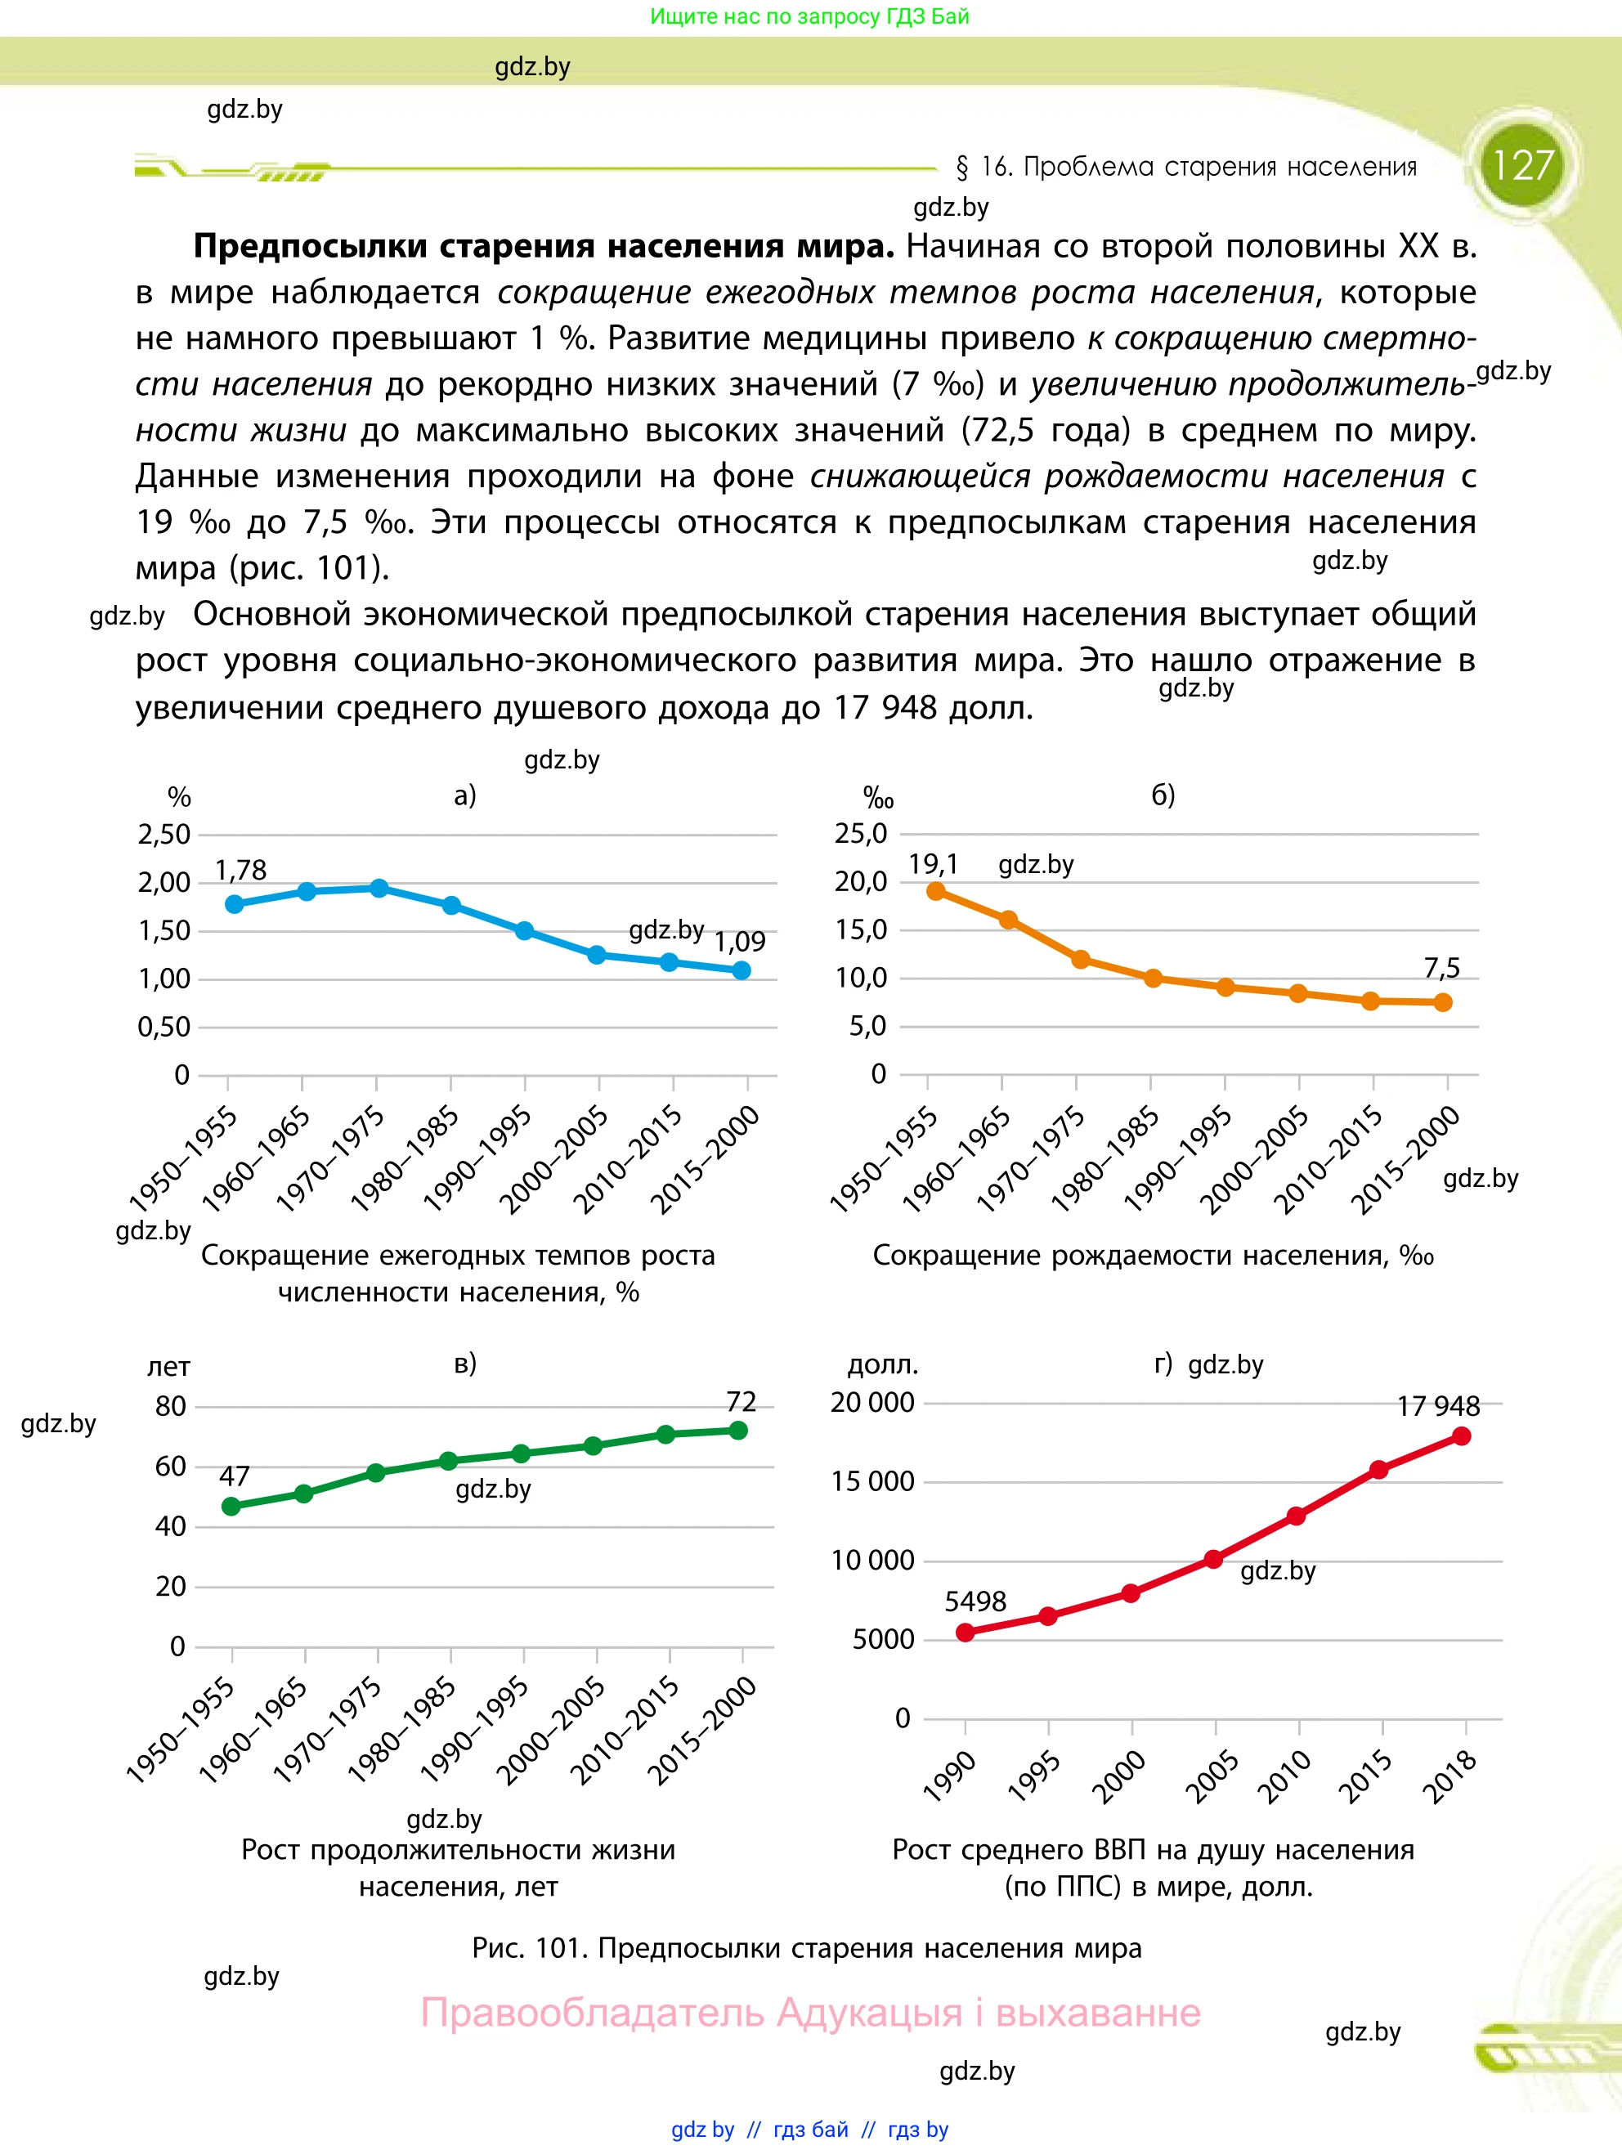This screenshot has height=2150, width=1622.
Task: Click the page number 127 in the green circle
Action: (1522, 165)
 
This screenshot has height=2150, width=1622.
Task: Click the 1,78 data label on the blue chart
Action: (240, 870)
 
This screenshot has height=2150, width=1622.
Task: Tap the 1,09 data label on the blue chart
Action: (740, 941)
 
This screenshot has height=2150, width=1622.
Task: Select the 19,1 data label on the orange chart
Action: (933, 864)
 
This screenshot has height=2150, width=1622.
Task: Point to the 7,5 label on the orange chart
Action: (1441, 968)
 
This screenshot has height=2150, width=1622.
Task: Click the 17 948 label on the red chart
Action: (1437, 1406)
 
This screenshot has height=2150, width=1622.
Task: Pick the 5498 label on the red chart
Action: (975, 1601)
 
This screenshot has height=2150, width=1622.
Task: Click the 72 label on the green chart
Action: (741, 1401)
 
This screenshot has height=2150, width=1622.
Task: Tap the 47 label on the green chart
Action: (234, 1476)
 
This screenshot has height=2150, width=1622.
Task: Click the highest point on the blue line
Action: (379, 889)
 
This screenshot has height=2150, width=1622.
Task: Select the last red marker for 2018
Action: (1461, 1436)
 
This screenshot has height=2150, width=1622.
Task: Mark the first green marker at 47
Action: (231, 1507)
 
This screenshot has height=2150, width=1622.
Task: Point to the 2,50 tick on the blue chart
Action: (164, 834)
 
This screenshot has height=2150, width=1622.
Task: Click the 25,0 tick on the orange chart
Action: (861, 833)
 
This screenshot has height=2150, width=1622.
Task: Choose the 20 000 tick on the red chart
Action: (871, 1403)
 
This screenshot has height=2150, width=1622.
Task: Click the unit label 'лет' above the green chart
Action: (168, 1367)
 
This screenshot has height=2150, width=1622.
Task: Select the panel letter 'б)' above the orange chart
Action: (1163, 795)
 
